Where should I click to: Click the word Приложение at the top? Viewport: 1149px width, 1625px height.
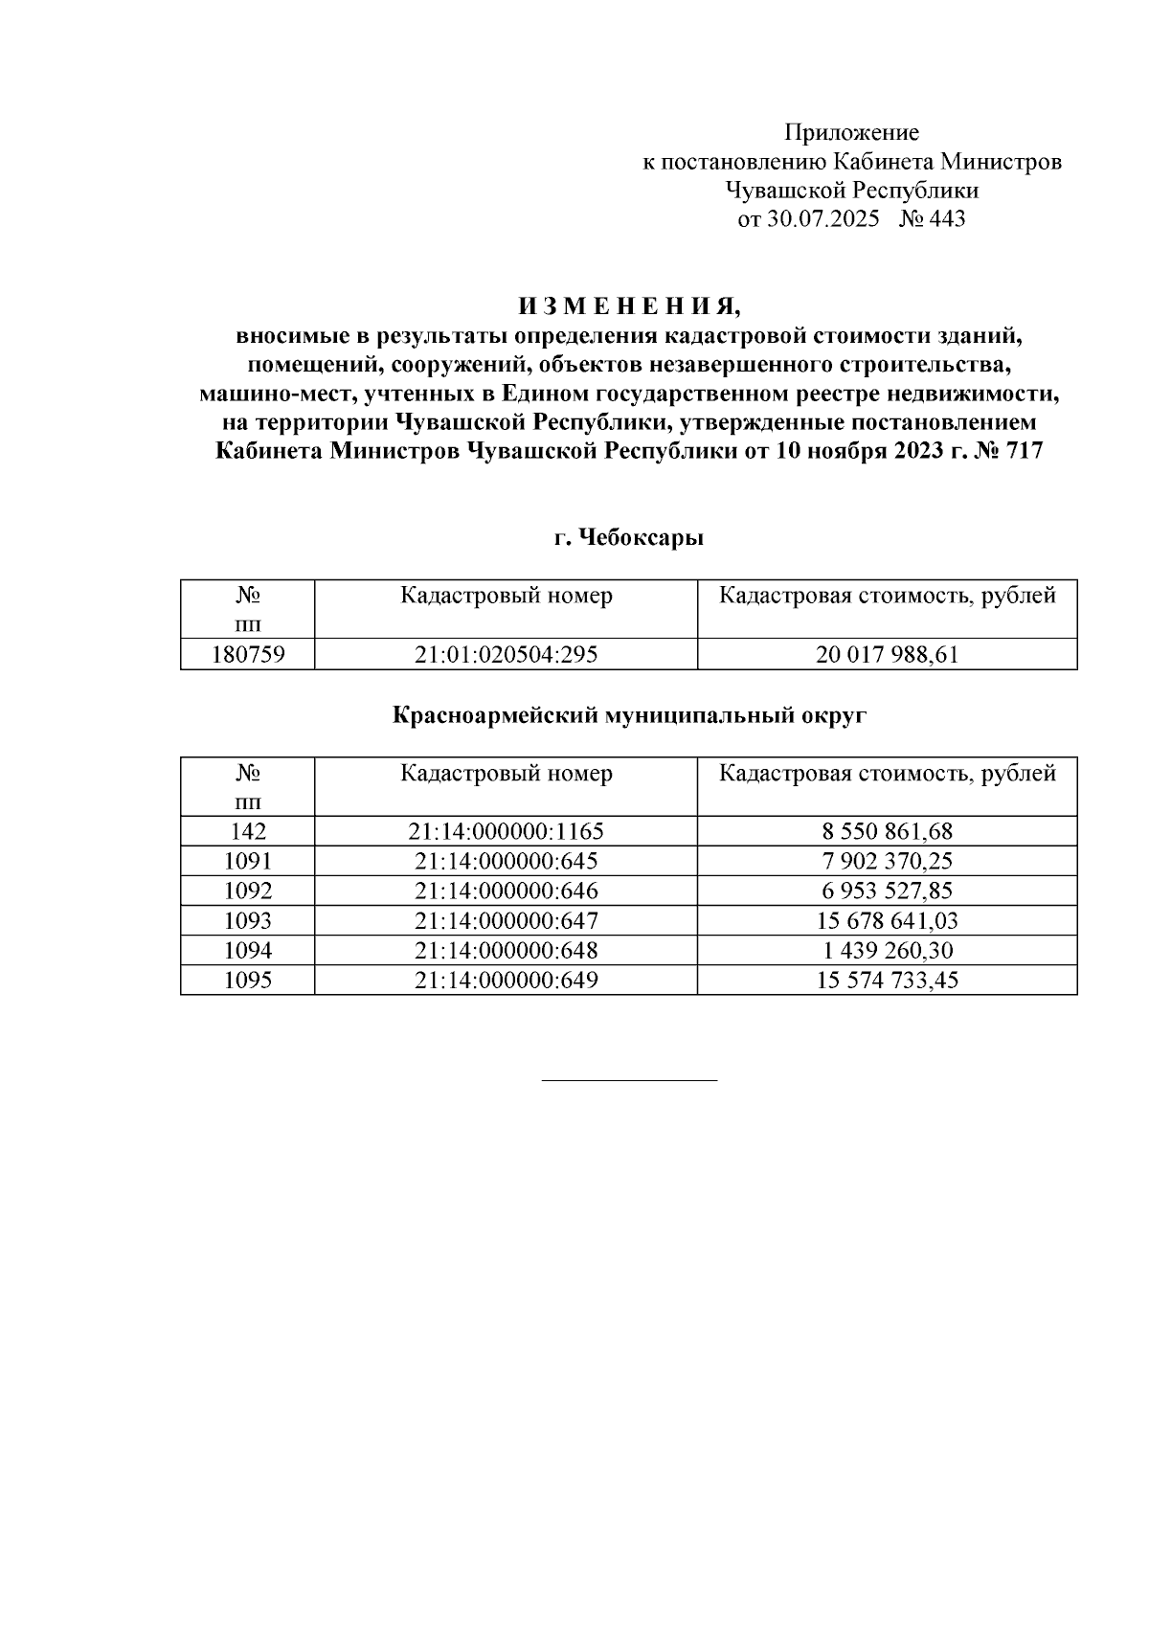(851, 132)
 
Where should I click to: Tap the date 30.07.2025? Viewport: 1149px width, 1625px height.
(822, 219)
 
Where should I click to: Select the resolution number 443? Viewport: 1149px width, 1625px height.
(946, 219)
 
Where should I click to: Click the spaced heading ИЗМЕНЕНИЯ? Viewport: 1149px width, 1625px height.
(629, 307)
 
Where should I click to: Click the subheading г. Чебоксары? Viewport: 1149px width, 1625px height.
(629, 538)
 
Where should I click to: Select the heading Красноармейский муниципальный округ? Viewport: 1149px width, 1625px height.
(629, 714)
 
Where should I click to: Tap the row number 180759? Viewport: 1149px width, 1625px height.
(248, 655)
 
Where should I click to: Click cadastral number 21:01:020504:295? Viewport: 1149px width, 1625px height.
(506, 655)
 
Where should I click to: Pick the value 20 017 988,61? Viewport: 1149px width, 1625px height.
(887, 655)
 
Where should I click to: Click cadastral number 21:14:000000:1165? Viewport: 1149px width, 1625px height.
(506, 831)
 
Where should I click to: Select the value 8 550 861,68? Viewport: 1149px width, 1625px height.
(887, 831)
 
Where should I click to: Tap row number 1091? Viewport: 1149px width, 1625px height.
(248, 861)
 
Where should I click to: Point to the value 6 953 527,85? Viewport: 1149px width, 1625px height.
(887, 891)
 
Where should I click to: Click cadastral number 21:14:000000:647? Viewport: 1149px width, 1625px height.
(506, 920)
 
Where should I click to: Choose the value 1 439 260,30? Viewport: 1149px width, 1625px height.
(887, 950)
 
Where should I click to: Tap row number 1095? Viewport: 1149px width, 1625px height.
(248, 980)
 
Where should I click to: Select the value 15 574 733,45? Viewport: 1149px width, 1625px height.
(887, 980)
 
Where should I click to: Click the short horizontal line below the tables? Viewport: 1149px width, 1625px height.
(629, 1080)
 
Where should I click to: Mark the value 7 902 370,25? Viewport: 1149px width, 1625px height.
(887, 861)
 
